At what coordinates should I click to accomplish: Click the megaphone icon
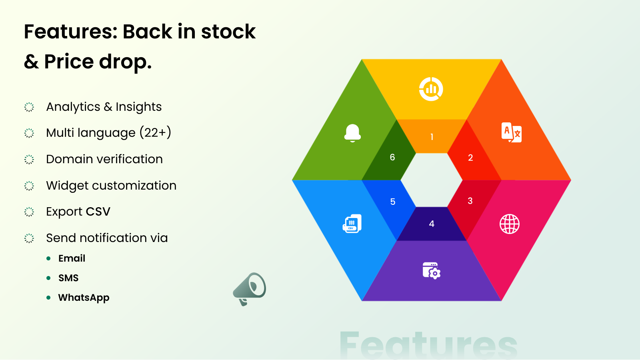tap(250, 289)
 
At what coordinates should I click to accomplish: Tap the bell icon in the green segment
tap(352, 133)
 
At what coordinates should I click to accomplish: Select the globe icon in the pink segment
tap(510, 224)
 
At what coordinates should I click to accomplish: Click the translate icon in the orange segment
tap(512, 132)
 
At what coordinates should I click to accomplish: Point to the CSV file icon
tap(352, 224)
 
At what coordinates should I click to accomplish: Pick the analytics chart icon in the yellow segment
tap(431, 89)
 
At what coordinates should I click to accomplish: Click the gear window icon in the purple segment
tap(432, 270)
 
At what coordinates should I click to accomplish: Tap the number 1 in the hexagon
tap(432, 137)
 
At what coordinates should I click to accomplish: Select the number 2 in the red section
tap(470, 158)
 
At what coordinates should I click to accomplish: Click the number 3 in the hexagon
tap(470, 201)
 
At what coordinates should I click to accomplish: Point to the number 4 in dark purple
tap(432, 224)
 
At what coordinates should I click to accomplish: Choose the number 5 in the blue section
tap(392, 202)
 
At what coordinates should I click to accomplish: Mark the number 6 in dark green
tap(392, 157)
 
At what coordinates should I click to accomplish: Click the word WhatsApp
tap(84, 298)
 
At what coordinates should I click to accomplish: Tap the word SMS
tap(68, 278)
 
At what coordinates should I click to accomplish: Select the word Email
tap(72, 258)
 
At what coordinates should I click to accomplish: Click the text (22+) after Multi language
tap(156, 132)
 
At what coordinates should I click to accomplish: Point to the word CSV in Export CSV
tap(98, 212)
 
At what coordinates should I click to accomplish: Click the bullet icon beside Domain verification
tap(29, 160)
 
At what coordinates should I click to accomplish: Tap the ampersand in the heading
tap(31, 62)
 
